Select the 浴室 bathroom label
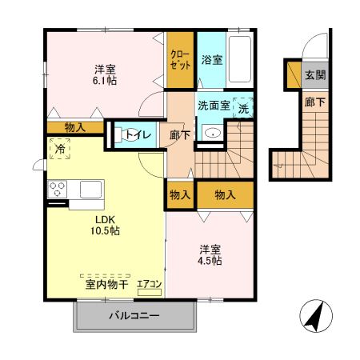pos(211,60)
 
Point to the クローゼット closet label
pos(181,60)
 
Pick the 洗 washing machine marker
pos(243,108)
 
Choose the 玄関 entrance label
pos(314,75)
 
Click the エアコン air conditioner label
pos(148,283)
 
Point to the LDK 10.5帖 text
pos(106,224)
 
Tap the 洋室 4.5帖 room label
pos(210,254)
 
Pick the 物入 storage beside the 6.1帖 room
pos(75,126)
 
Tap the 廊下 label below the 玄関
pos(314,102)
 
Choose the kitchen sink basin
pos(89,190)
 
